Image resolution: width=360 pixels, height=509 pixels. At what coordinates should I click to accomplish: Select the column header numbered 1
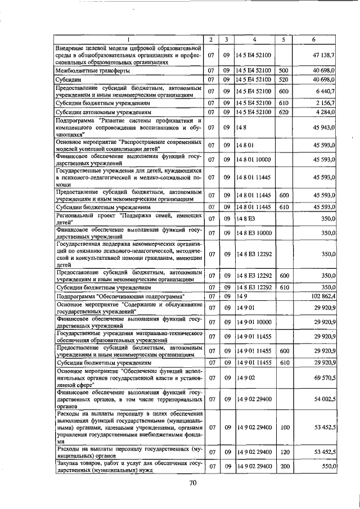[128, 39]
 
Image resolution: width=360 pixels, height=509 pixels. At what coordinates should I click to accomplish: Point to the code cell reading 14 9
[243, 296]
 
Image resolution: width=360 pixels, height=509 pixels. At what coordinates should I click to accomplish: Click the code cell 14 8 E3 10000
[254, 232]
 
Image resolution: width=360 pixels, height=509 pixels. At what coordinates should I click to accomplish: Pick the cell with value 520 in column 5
[283, 79]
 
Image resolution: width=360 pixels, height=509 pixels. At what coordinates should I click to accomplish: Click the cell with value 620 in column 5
[283, 112]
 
